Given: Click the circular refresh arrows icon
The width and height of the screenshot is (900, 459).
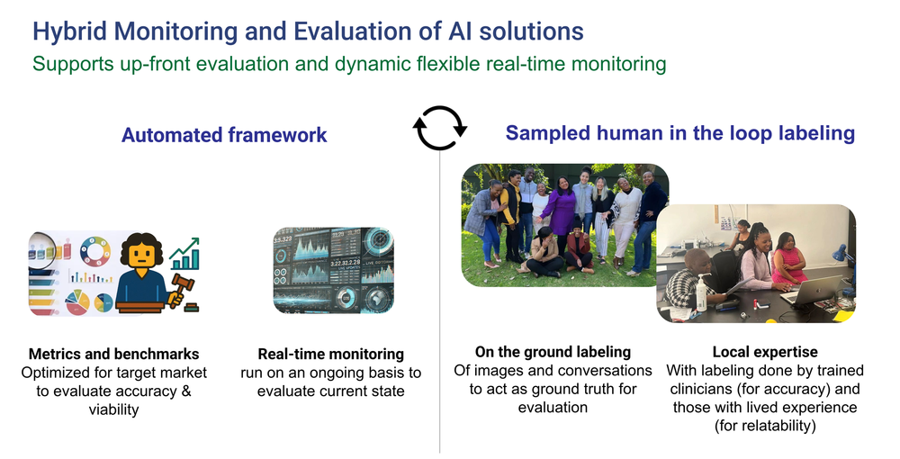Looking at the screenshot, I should click(x=440, y=128).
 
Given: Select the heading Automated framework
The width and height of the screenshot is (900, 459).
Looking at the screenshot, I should click(x=224, y=136).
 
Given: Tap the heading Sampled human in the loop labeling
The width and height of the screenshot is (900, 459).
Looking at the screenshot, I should click(x=679, y=133).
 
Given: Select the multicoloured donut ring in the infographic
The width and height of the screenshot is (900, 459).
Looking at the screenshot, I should click(x=94, y=248).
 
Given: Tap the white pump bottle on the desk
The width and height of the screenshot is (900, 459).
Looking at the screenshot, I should click(x=701, y=295).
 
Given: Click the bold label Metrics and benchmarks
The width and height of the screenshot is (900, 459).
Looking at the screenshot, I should click(x=114, y=354).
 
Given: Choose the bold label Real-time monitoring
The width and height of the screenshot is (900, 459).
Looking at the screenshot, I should click(x=330, y=354).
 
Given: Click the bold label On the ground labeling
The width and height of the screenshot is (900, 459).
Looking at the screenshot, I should click(x=553, y=352).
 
